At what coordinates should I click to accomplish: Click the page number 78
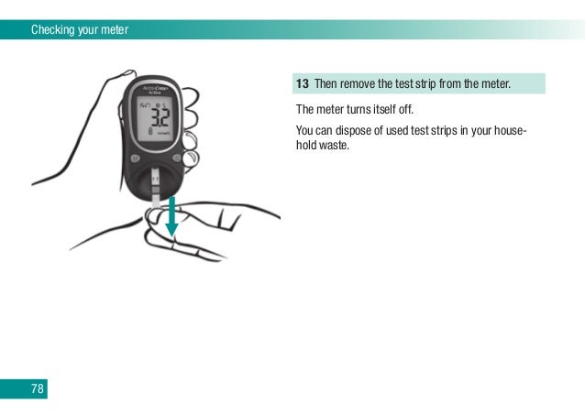tap(38, 388)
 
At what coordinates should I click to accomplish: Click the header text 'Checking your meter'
tap(80, 30)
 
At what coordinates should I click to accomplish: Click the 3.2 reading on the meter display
tap(158, 120)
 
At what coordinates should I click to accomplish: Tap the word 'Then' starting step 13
tap(326, 85)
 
